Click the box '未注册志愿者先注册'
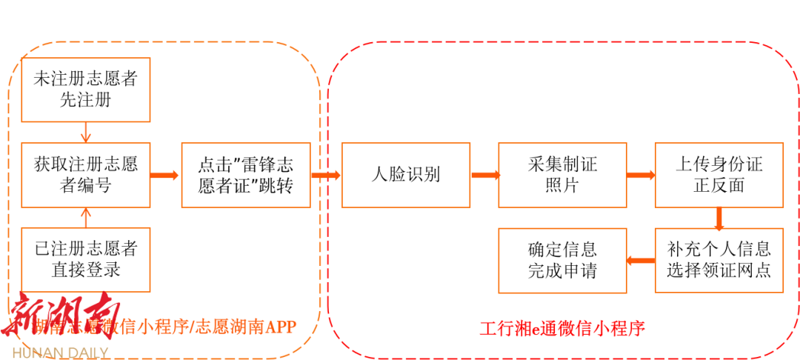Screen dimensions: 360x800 coord(86,90)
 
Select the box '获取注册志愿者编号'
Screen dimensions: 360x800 coord(86,175)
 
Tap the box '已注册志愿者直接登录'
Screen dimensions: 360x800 coord(86,259)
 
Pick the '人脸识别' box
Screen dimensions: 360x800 coord(406,175)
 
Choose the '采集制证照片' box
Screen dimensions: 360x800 coord(562,175)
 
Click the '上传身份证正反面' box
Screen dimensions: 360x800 coord(719,175)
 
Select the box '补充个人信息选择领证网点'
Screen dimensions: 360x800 coord(719,259)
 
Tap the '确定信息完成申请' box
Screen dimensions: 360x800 coord(562,259)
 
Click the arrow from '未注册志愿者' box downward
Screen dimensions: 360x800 coord(86,132)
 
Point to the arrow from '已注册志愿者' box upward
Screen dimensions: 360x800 coord(86,218)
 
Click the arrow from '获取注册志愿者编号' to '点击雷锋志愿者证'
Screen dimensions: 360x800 coord(166,176)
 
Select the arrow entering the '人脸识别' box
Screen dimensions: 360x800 coord(326,176)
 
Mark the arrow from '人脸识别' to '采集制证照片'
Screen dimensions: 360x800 coord(484,176)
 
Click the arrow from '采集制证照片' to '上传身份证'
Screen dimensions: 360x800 coord(641,176)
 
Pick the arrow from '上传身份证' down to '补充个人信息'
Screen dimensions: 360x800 coord(719,218)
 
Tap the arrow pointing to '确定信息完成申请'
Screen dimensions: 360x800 coord(641,260)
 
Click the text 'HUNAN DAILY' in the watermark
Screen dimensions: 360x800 coord(60,352)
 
